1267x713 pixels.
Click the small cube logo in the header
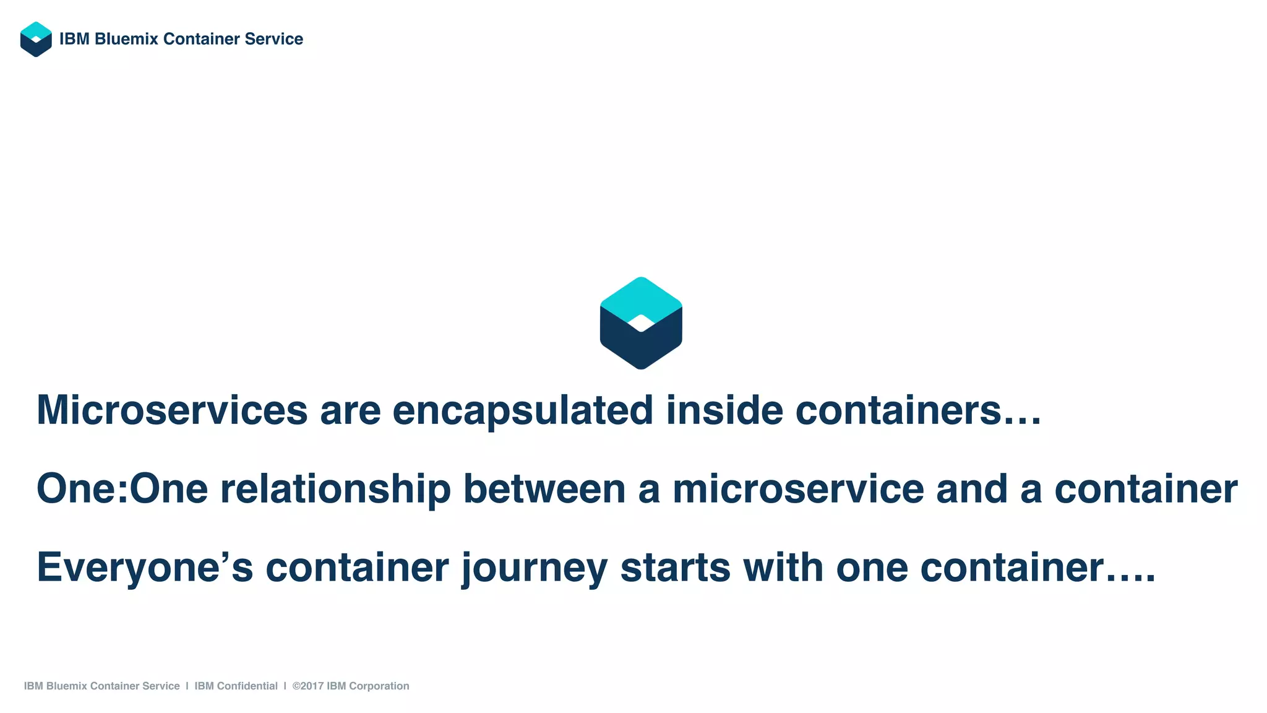36,39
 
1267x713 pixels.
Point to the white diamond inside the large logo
641,323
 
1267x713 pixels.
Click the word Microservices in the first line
172,410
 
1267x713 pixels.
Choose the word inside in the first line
724,410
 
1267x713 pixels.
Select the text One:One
122,489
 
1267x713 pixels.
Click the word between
544,489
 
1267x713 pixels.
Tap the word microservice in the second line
798,489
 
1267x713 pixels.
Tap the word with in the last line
783,568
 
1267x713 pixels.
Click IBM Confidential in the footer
236,686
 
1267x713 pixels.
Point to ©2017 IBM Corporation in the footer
351,686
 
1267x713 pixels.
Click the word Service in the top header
273,39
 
